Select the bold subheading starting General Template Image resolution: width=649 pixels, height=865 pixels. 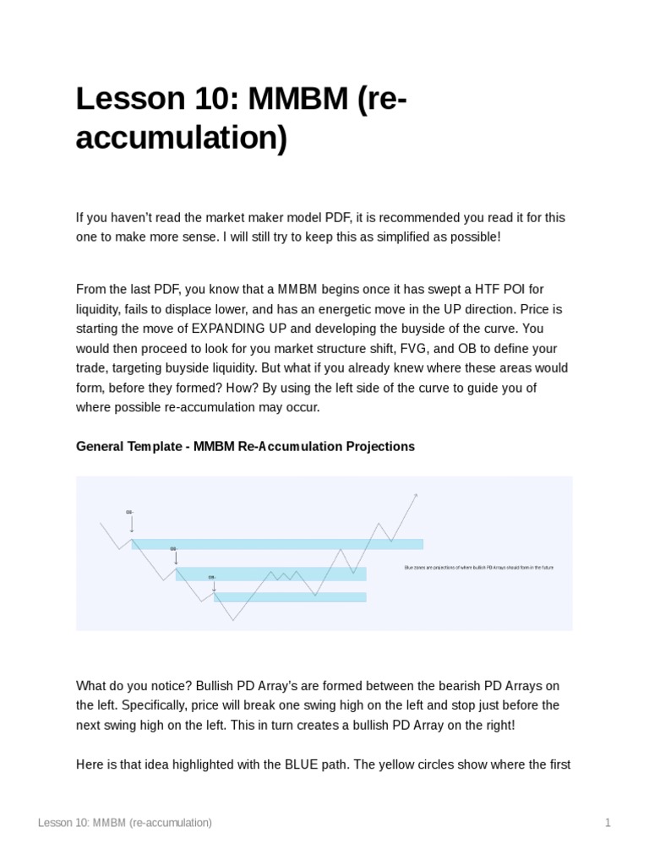click(245, 446)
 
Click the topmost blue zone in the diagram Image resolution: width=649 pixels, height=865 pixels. click(277, 544)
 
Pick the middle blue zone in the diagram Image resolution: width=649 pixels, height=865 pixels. click(270, 574)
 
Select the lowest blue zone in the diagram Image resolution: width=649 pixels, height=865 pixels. click(290, 596)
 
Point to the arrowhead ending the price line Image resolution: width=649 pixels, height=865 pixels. click(416, 495)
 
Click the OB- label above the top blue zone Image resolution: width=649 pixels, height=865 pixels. click(129, 512)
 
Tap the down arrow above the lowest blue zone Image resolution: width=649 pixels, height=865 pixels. click(213, 585)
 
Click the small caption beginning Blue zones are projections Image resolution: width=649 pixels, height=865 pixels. click(479, 567)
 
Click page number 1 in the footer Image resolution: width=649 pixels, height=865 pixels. click(607, 822)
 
